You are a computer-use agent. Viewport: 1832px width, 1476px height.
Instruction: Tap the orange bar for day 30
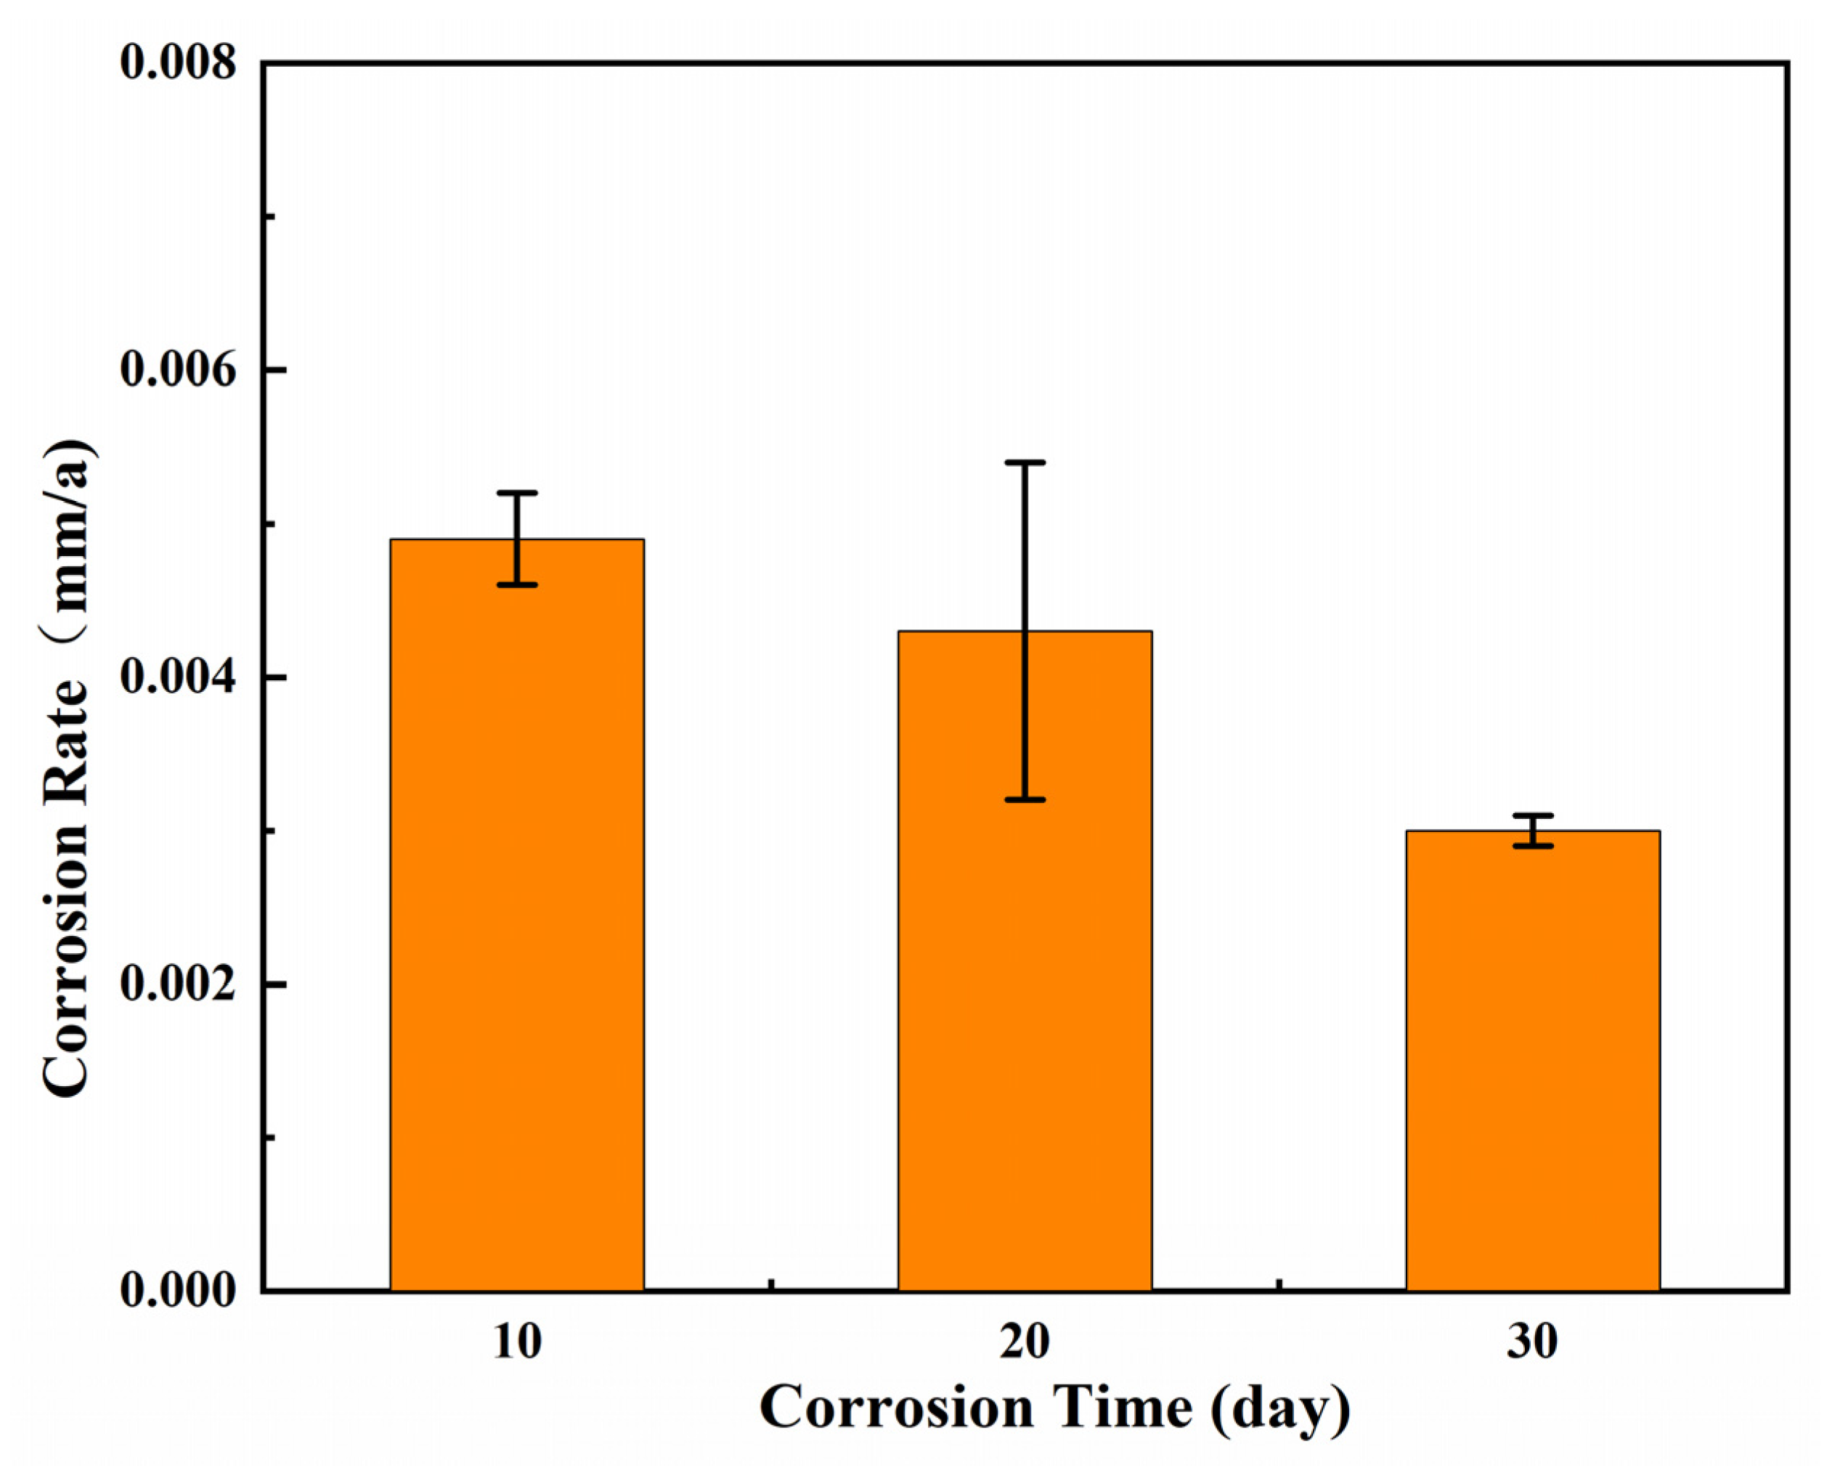click(x=1533, y=1063)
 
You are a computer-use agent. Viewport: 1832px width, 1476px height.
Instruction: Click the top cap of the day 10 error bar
click(x=517, y=493)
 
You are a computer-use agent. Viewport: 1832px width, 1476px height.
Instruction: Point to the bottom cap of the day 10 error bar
click(x=517, y=585)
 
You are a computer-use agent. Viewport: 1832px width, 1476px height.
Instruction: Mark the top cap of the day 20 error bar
click(x=1025, y=462)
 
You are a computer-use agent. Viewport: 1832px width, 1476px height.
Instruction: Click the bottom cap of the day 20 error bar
click(x=1025, y=800)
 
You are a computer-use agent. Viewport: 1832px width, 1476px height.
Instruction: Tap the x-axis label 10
click(x=517, y=1342)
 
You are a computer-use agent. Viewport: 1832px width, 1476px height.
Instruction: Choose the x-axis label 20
click(x=1025, y=1342)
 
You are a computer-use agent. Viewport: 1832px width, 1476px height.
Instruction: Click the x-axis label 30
click(x=1533, y=1342)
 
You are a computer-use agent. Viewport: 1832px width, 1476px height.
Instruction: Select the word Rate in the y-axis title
click(x=66, y=749)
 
